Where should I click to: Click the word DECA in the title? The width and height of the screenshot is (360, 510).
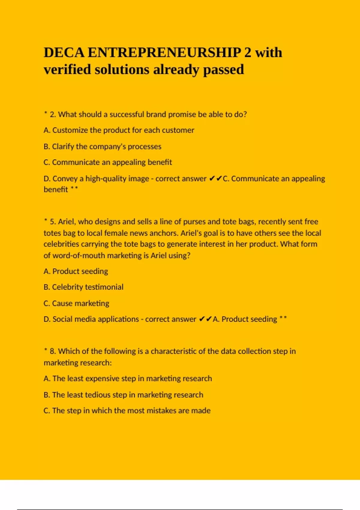64,52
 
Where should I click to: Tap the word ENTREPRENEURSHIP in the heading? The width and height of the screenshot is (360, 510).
164,52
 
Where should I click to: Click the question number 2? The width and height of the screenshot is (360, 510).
53,114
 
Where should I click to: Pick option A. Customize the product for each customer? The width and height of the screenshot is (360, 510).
119,130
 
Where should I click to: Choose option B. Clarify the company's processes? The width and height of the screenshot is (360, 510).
102,146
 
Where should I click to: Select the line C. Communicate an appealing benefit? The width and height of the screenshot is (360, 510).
108,162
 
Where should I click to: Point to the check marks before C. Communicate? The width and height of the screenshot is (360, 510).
215,178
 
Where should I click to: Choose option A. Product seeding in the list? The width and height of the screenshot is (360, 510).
76,271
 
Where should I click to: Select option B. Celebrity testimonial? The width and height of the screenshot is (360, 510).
83,287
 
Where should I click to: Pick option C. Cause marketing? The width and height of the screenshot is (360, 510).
76,303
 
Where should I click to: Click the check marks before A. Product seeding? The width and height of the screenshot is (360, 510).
205,319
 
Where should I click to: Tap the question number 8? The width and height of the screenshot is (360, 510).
53,351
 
